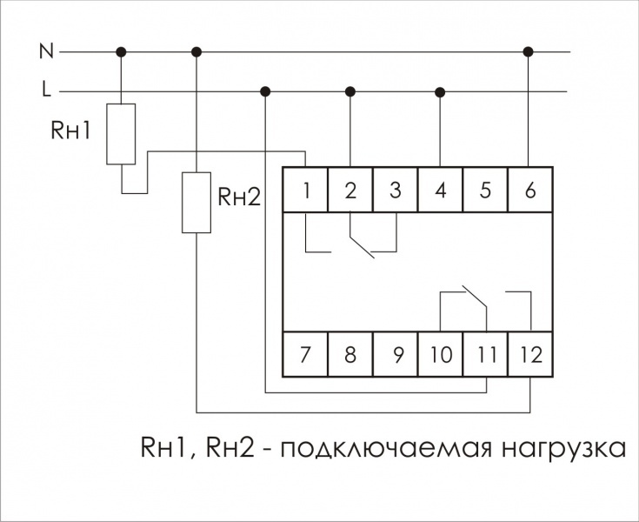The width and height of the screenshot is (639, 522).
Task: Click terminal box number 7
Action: click(x=306, y=355)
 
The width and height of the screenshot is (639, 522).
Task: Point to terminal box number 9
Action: click(x=396, y=355)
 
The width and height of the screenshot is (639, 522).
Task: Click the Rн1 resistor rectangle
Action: click(x=121, y=134)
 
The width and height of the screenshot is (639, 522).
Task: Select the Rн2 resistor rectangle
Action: click(x=196, y=202)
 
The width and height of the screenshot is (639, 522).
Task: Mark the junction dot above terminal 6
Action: click(x=529, y=52)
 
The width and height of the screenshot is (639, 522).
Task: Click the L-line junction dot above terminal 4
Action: click(x=440, y=91)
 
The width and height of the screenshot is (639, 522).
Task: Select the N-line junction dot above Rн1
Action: click(x=121, y=52)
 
